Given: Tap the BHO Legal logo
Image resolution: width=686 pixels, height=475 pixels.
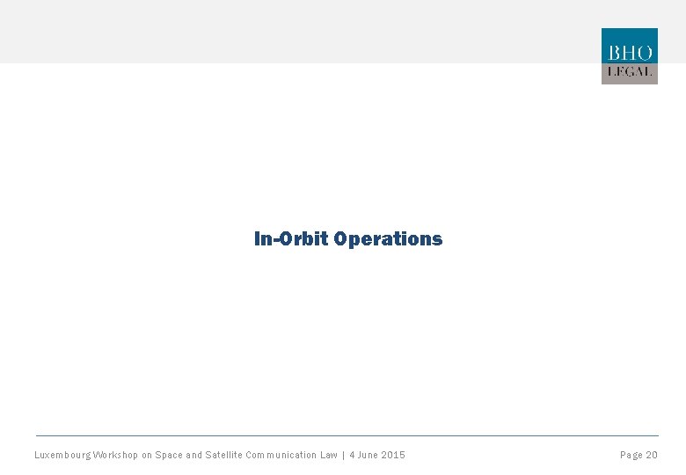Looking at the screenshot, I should [629, 56].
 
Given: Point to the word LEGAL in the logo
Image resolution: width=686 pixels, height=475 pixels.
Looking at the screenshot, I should [629, 72].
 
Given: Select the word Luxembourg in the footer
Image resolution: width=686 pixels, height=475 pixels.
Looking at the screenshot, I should [62, 455].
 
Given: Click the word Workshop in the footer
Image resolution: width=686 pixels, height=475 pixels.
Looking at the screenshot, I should [115, 455].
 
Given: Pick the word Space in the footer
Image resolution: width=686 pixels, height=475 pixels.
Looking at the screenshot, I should [168, 455].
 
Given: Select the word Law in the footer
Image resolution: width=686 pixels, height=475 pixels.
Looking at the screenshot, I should [329, 455].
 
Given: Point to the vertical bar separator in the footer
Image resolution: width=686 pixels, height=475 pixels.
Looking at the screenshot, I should [343, 455].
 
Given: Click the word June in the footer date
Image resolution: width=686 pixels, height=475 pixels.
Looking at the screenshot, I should [369, 455].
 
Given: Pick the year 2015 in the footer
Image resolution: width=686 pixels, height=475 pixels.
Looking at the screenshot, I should [394, 455].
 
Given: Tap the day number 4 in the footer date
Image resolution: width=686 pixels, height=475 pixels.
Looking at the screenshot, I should [352, 455].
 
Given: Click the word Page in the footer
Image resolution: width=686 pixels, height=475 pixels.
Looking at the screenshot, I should [631, 455].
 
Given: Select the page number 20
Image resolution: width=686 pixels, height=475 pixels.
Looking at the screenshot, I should [652, 455].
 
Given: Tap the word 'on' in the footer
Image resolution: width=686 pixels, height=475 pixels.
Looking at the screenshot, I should [147, 455].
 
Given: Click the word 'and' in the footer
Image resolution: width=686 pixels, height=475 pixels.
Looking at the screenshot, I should [193, 455].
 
